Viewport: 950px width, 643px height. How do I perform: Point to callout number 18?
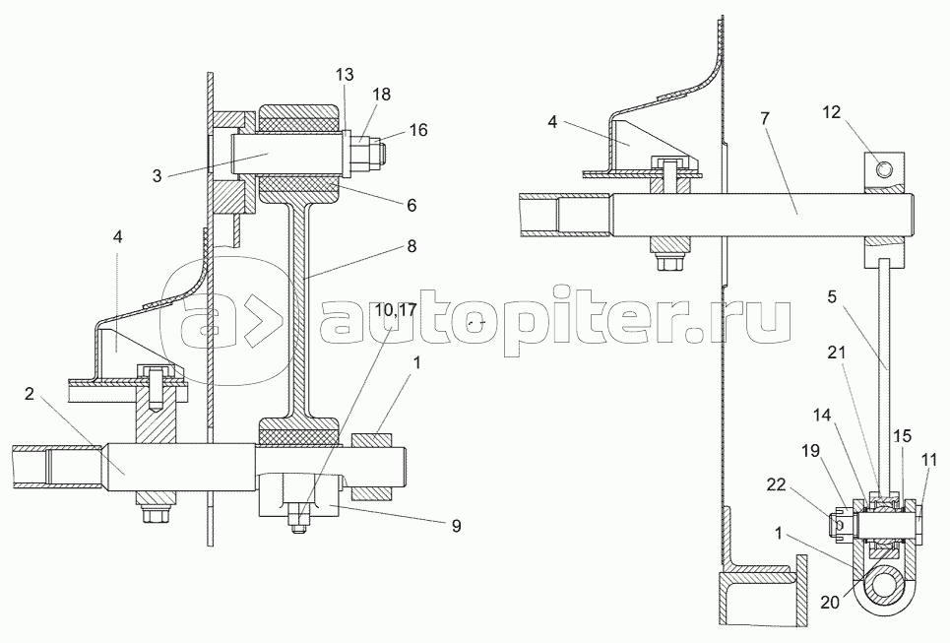pyautogui.click(x=382, y=94)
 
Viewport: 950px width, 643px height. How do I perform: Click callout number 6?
pyautogui.click(x=411, y=205)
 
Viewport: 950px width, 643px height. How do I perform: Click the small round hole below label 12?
pyautogui.click(x=888, y=171)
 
